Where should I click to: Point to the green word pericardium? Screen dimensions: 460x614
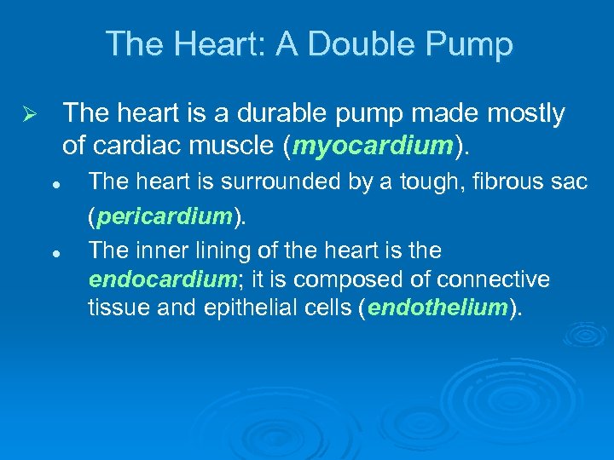click(x=165, y=217)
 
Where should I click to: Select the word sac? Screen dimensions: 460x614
click(x=567, y=181)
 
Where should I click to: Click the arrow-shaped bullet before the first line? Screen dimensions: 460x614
click(x=28, y=114)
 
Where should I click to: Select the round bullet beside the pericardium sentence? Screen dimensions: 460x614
click(x=53, y=182)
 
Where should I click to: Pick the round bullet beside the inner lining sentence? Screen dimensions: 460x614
click(x=53, y=253)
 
